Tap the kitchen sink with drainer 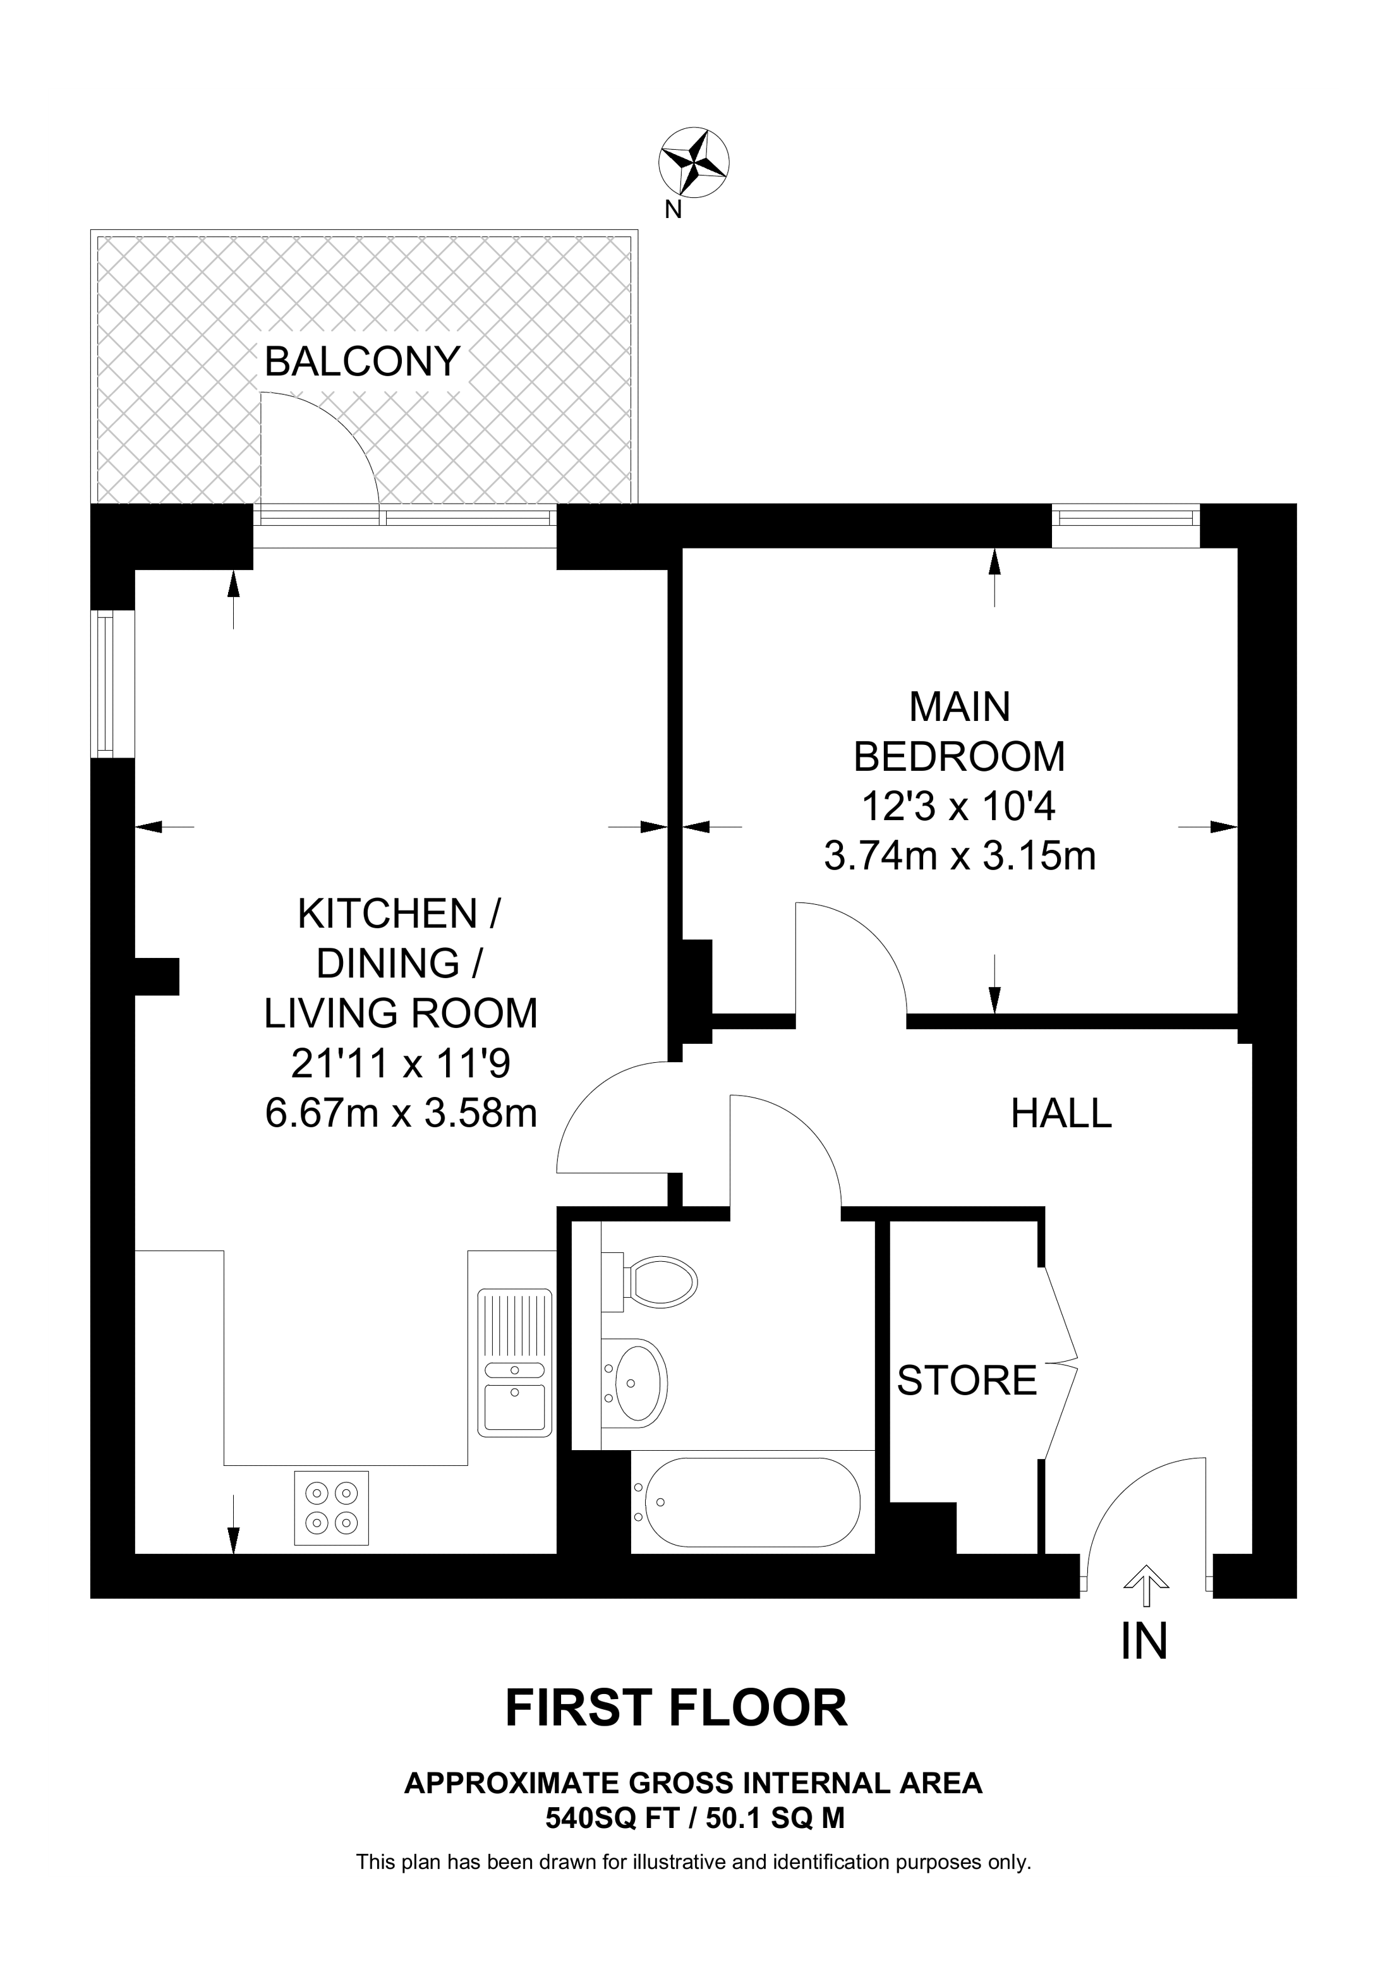point(514,1362)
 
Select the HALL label point(1060,1114)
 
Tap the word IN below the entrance point(1144,1642)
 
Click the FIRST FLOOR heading point(676,1709)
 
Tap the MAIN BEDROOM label point(959,732)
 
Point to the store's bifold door point(1060,1362)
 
